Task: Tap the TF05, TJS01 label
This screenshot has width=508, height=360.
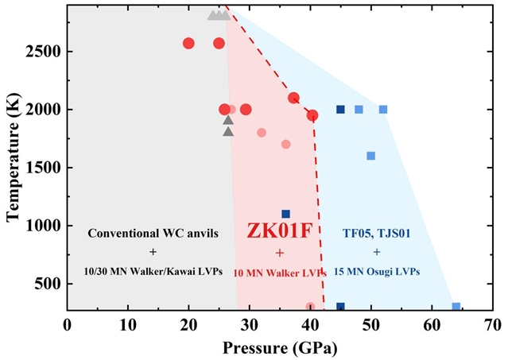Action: coord(377,234)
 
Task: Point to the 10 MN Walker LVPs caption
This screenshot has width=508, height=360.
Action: coord(280,273)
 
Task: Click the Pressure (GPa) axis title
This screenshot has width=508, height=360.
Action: coord(280,347)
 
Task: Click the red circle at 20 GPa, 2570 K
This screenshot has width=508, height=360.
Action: coord(188,43)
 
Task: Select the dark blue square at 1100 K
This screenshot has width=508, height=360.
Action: coord(286,214)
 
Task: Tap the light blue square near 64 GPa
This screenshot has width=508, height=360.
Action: coord(456,307)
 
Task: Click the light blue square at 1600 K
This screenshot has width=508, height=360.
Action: coord(370,156)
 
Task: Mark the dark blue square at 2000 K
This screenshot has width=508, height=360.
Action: coord(340,110)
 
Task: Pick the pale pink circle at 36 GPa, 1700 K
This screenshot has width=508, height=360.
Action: coord(285,144)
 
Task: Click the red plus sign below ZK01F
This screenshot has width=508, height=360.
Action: coord(280,253)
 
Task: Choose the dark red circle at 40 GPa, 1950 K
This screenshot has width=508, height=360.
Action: coord(312,115)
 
